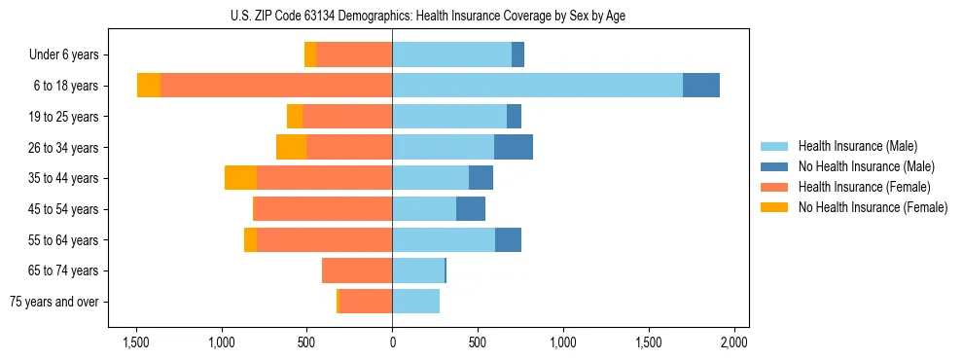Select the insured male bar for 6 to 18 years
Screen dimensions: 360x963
(537, 86)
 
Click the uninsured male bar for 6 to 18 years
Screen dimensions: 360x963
(700, 86)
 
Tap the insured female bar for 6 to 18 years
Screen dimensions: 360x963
(276, 86)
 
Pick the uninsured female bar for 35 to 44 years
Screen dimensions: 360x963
(240, 178)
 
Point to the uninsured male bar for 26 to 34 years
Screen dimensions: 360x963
(513, 147)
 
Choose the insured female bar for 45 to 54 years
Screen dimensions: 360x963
(322, 209)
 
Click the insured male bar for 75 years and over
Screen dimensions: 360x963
(415, 302)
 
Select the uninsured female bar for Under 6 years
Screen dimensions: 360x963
(310, 54)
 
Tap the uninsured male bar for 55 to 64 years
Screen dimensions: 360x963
(508, 239)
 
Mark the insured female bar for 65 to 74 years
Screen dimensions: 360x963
(357, 270)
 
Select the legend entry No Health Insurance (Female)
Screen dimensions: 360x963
(872, 207)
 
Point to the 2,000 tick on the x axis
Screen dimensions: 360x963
(733, 342)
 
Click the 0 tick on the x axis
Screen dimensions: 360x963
(392, 342)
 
